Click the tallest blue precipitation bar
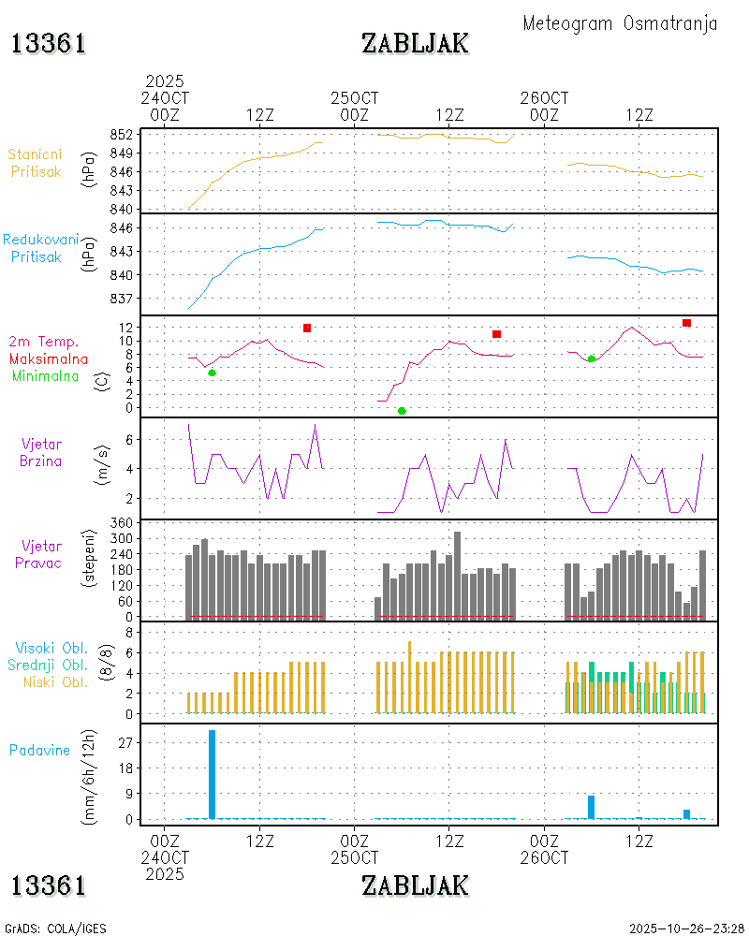212,773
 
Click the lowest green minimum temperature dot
402,411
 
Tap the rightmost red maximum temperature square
686,323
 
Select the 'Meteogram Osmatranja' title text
620,23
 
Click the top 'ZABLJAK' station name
415,43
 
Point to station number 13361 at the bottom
49,885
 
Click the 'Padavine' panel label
39,750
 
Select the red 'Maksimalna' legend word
49,358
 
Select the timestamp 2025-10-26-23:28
686,929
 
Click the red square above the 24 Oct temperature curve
306,328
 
